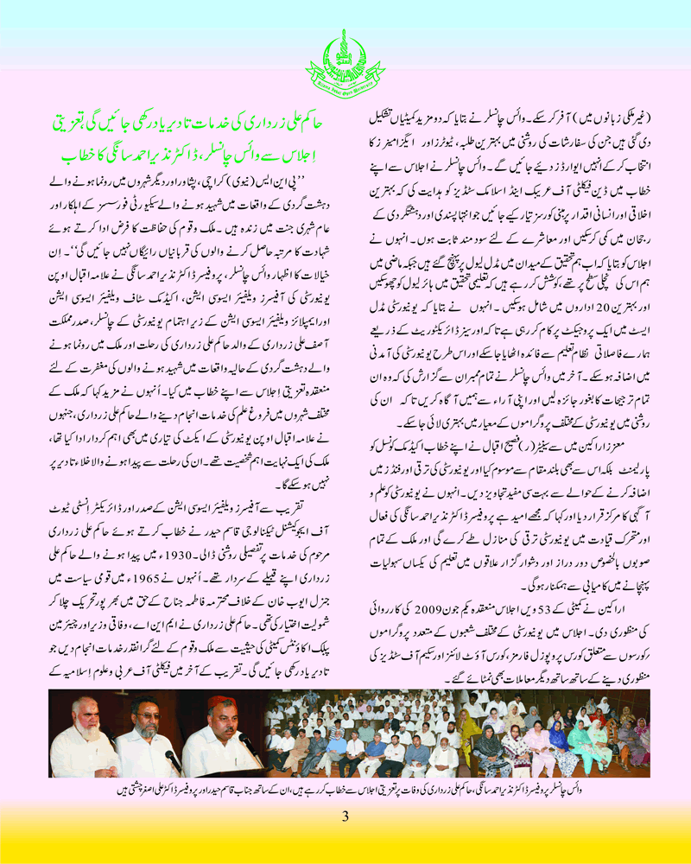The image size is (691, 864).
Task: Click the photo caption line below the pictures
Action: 345,787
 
